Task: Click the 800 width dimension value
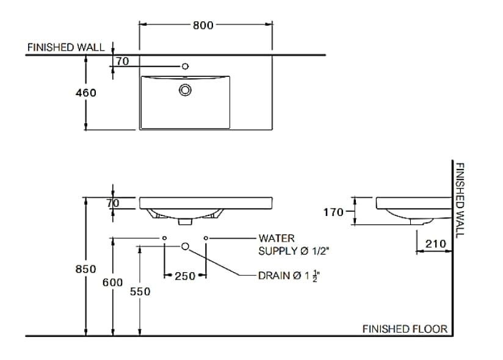click(x=203, y=25)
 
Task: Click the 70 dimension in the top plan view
click(x=122, y=61)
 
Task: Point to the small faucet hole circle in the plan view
click(x=185, y=66)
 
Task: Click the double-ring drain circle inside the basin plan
click(x=185, y=90)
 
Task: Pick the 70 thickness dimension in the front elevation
click(x=112, y=203)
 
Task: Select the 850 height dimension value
click(x=85, y=269)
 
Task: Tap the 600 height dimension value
click(x=112, y=283)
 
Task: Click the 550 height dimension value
click(x=140, y=292)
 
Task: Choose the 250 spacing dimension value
click(x=184, y=276)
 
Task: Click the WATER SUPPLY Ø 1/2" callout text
click(x=296, y=244)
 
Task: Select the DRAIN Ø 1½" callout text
click(x=289, y=276)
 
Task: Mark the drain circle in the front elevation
click(x=186, y=245)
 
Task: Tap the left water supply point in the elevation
click(x=165, y=237)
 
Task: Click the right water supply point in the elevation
click(x=206, y=237)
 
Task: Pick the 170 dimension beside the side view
click(x=334, y=212)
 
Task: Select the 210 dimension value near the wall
click(x=435, y=243)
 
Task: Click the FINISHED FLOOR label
click(x=405, y=329)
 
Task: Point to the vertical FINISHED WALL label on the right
click(x=460, y=199)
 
